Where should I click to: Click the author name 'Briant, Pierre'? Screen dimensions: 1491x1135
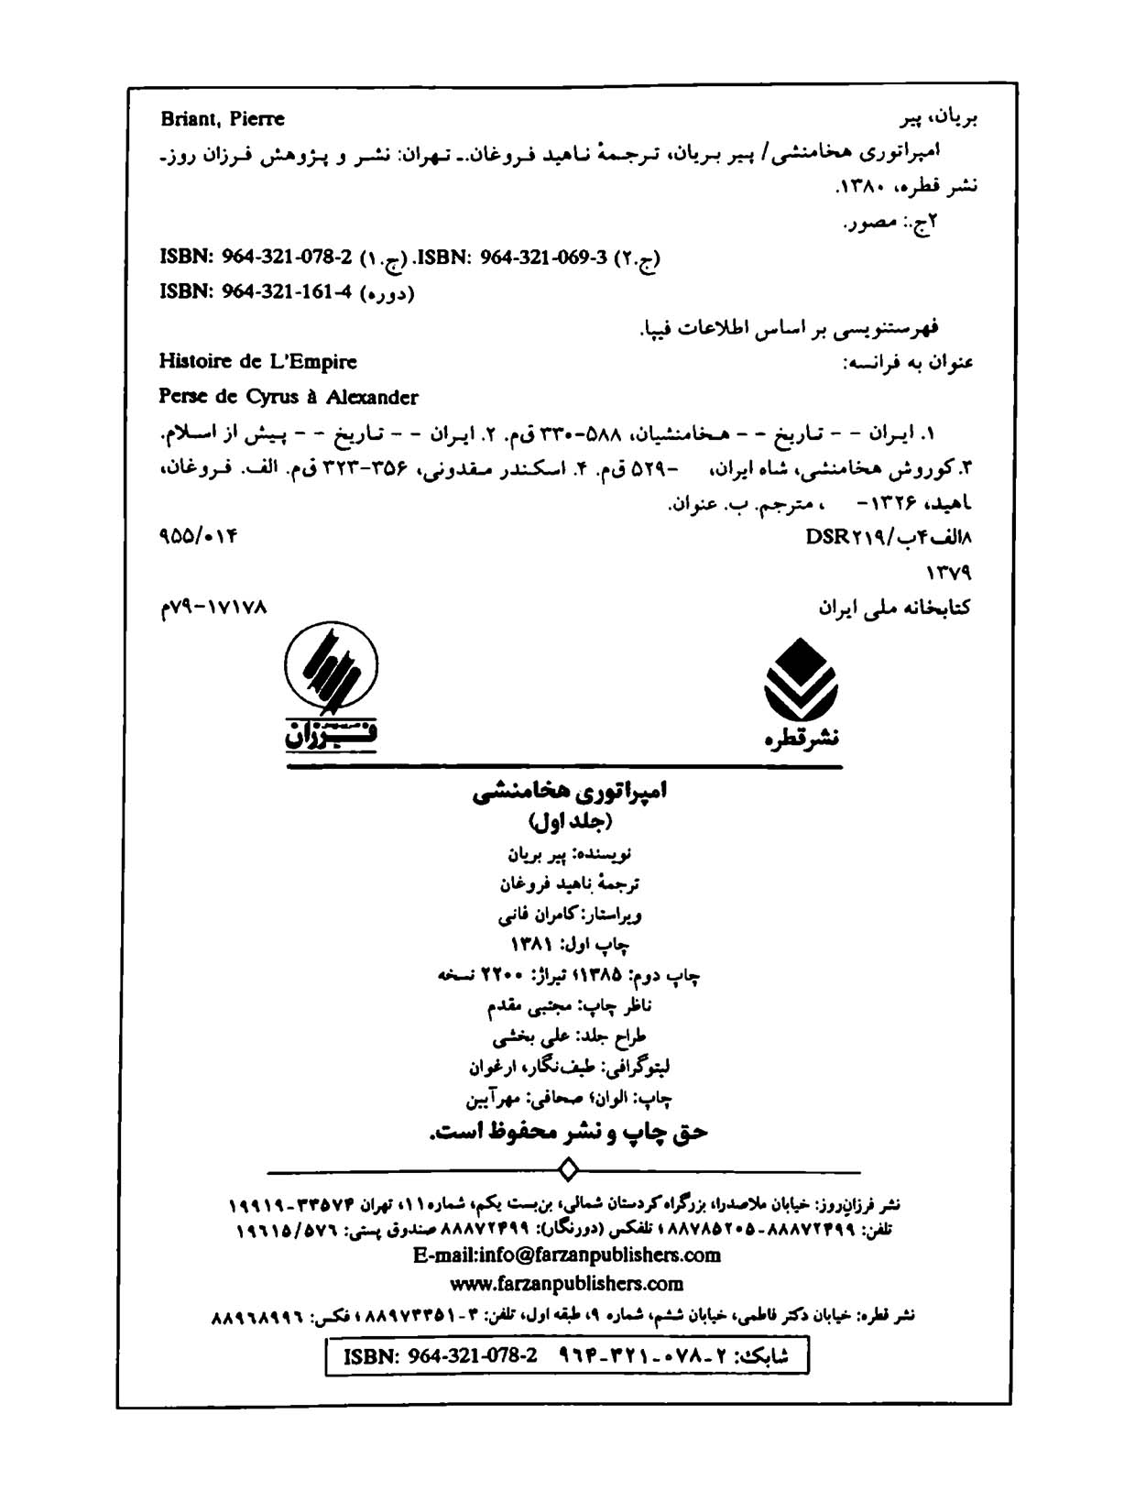point(222,119)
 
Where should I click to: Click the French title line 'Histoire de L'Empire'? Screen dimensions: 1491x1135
point(257,362)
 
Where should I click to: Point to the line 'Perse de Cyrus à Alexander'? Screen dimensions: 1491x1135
point(288,398)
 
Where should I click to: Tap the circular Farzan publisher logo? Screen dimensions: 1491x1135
point(331,665)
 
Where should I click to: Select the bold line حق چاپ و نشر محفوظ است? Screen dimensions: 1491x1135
point(569,1133)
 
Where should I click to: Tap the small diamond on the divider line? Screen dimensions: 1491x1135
point(568,1171)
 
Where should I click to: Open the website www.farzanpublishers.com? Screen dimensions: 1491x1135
point(567,1283)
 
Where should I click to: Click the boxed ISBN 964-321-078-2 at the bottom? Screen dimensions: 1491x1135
point(440,1356)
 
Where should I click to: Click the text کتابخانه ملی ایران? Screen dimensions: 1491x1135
point(895,608)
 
